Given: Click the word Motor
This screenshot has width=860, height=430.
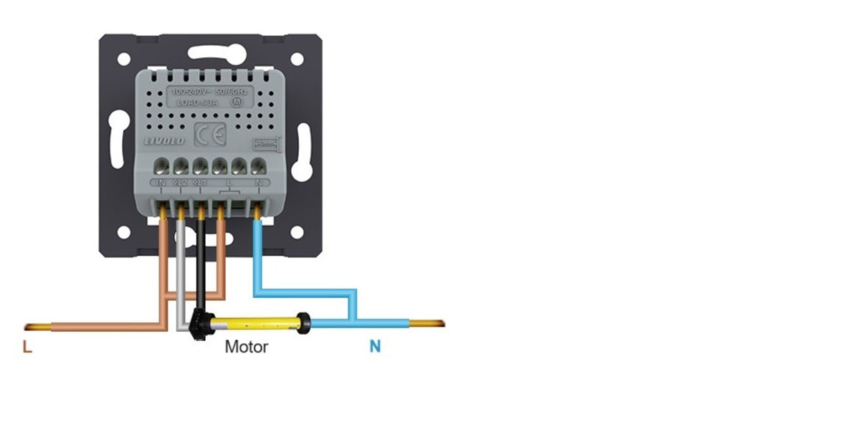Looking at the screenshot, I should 247,348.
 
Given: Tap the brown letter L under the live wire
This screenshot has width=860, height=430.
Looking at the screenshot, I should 27,348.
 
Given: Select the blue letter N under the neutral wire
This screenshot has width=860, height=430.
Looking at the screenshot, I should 375,348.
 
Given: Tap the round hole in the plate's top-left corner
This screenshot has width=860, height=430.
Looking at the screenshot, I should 124,59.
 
